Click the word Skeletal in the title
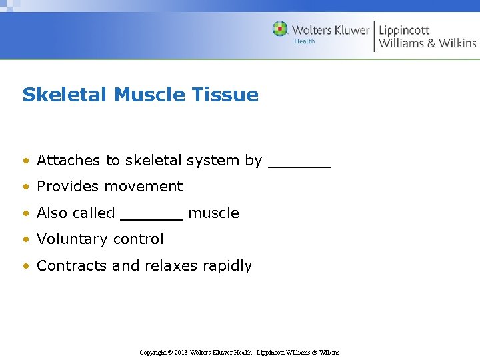65,95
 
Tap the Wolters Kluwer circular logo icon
281,29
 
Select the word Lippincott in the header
404,30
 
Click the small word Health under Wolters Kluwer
305,41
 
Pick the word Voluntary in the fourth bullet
69,239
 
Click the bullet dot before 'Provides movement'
25,187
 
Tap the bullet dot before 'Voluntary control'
25,239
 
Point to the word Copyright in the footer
153,352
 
